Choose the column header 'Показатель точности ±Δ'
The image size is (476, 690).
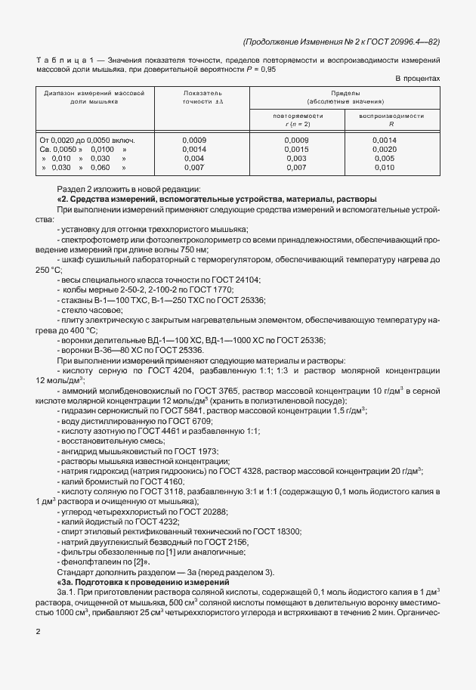point(202,95)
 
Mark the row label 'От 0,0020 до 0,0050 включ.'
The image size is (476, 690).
point(87,141)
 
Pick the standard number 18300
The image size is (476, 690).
point(285,531)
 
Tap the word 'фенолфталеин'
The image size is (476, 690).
point(94,562)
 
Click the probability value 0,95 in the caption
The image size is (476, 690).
point(269,69)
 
